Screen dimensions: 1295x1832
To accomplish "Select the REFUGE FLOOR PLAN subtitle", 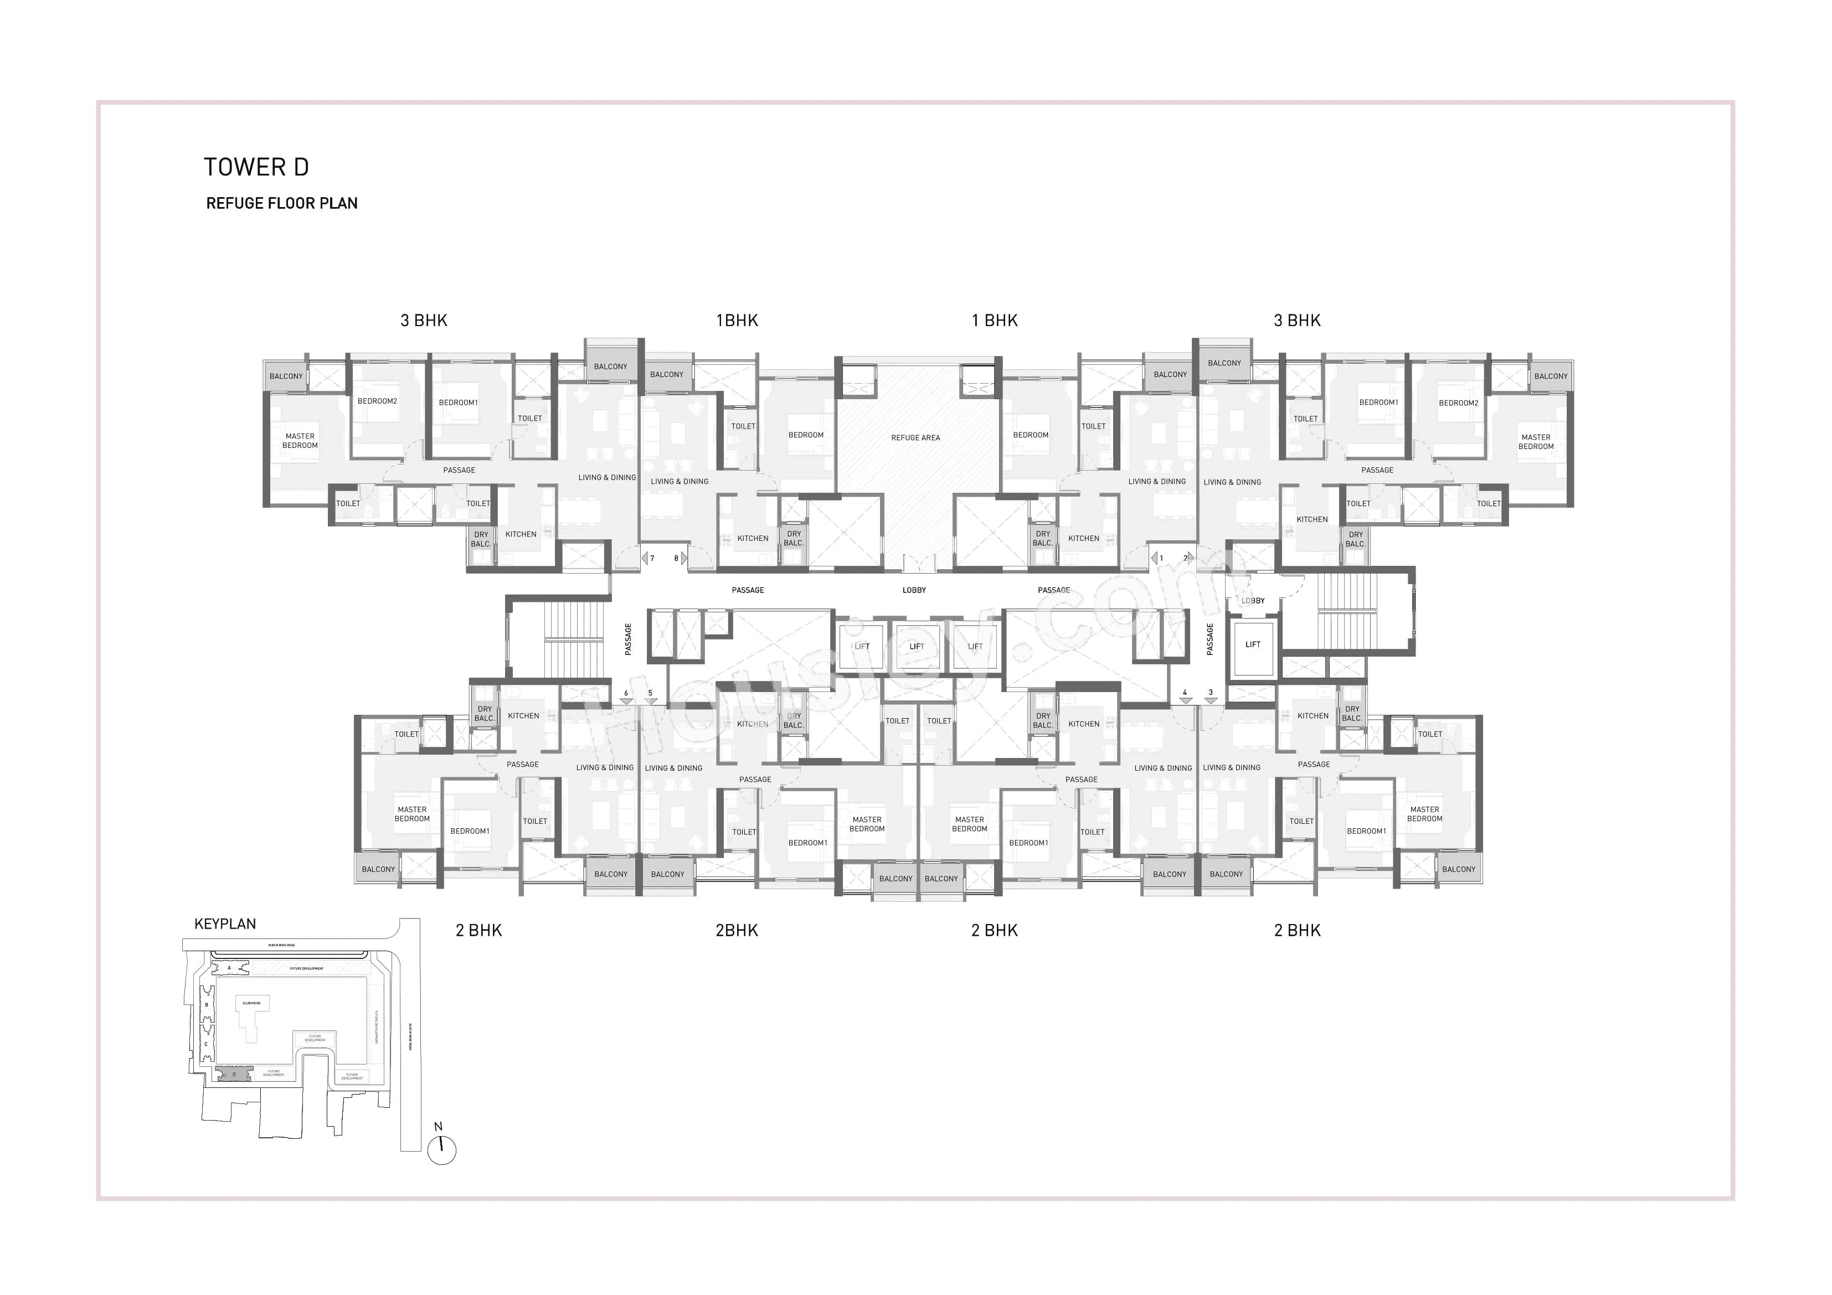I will coord(282,203).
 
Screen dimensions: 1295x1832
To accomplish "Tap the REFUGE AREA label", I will coord(915,438).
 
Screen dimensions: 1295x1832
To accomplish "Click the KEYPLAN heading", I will coord(225,924).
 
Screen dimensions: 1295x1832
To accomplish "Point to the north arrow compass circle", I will coord(442,1150).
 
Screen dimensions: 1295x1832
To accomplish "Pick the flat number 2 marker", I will coord(1185,559).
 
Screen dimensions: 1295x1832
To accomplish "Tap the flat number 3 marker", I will coord(1211,693).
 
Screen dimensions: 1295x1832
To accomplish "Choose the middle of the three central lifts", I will coord(917,646).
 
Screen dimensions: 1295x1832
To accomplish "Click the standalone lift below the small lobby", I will coord(1253,644).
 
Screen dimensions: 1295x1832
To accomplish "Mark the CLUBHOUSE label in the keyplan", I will coord(251,1004).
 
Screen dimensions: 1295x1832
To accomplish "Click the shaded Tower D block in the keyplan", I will coord(234,1074).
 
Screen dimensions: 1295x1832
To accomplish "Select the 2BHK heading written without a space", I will coord(737,930).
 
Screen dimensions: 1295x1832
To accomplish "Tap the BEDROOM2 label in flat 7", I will coord(377,401).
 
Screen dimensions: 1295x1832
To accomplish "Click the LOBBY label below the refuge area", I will coord(914,590).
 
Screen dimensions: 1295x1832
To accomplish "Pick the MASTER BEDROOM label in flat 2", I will coord(1536,442).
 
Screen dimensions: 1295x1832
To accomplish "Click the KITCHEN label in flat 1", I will coord(1084,539).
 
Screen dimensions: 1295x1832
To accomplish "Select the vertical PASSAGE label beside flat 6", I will coord(629,640).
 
